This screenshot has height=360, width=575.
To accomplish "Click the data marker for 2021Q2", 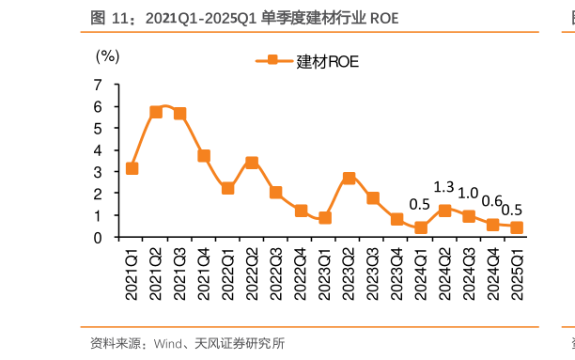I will (x=156, y=112).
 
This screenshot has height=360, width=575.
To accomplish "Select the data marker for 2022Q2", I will (x=252, y=163).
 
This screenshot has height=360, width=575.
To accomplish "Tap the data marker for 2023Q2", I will (x=349, y=178).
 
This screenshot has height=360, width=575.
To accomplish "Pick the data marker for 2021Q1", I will (x=132, y=168).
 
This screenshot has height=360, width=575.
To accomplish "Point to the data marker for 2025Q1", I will (x=517, y=227).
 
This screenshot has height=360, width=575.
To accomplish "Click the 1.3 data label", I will (x=444, y=187).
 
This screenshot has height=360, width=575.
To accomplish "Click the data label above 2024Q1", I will (x=420, y=205).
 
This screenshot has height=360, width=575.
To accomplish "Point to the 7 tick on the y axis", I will (x=99, y=85).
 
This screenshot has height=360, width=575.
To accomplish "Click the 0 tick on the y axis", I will (x=99, y=238).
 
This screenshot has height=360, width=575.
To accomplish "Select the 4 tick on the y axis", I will (x=99, y=150).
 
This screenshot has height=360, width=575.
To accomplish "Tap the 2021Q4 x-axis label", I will (x=204, y=273).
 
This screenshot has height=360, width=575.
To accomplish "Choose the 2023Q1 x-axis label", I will (x=324, y=273).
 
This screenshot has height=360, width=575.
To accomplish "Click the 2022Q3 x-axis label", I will (x=276, y=273).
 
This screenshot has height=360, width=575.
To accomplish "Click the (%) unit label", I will (x=108, y=55).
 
